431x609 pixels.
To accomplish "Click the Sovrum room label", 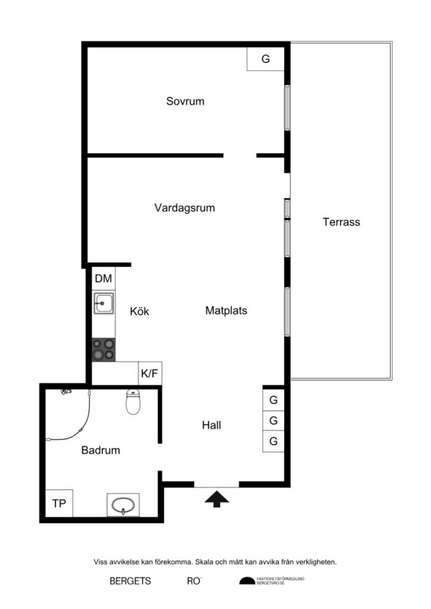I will click(x=185, y=101).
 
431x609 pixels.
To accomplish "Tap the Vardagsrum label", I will click(x=185, y=208).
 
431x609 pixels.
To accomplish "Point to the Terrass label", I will click(x=341, y=222).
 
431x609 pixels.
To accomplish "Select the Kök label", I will click(x=139, y=311).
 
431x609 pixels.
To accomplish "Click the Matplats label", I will click(x=226, y=310).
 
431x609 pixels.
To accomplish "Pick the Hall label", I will click(x=211, y=425).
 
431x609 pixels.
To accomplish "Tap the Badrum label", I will click(x=100, y=450).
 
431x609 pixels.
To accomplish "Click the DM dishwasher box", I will click(x=104, y=278).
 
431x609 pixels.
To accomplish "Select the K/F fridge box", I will click(x=149, y=373).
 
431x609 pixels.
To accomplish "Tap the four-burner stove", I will click(x=104, y=349).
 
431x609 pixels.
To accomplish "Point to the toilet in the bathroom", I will click(x=133, y=403).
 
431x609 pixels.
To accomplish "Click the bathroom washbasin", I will click(x=124, y=506).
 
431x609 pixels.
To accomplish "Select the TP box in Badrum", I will click(x=59, y=504).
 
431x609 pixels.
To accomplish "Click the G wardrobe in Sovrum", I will click(x=266, y=59).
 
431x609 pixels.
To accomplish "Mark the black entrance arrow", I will click(x=217, y=498).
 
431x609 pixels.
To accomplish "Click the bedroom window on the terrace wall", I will click(x=287, y=108).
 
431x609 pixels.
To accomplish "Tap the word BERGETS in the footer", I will click(x=130, y=581).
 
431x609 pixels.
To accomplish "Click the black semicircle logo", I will click(x=246, y=581).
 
